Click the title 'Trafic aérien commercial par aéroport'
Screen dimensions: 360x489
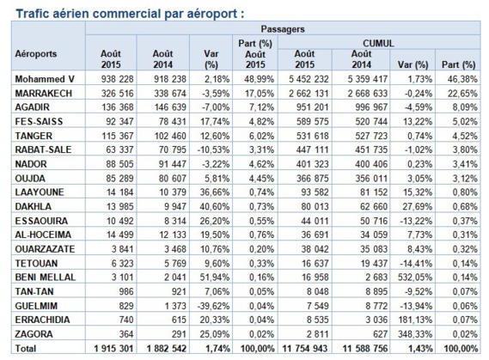[x=112, y=12]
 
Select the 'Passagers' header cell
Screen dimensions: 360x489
[x=286, y=28]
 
